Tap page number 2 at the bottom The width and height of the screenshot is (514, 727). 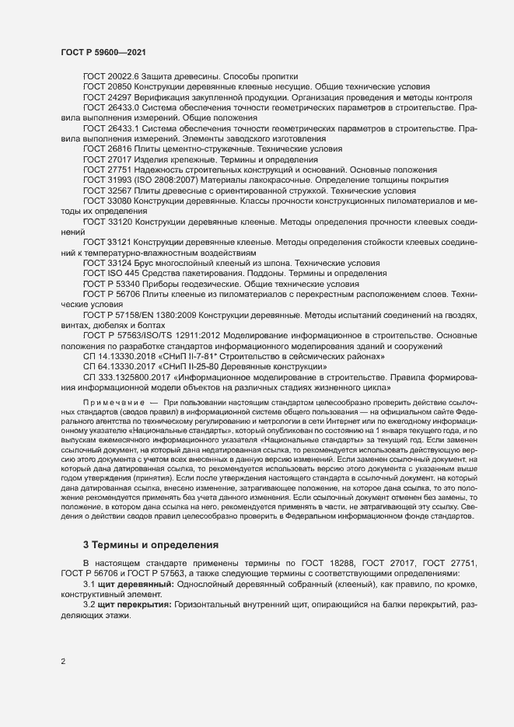(63, 662)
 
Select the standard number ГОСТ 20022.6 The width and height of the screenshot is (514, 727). (110, 76)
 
